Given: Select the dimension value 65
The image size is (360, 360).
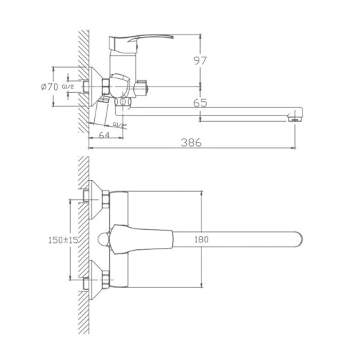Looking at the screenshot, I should tap(201, 102).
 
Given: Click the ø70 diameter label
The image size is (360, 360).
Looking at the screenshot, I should tap(49, 87).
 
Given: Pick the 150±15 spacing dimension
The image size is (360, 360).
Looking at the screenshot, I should tap(59, 239).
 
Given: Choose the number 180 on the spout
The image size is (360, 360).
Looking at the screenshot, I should tap(201, 239).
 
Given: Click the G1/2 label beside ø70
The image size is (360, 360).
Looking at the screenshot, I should tap(69, 87).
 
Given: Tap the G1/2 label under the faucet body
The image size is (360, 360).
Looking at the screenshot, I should tap(119, 125).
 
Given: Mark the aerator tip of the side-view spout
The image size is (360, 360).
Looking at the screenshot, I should tap(296, 118).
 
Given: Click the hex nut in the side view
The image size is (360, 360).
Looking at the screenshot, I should tap(105, 86).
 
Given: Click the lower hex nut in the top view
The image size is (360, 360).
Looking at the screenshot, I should tap(105, 280).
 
